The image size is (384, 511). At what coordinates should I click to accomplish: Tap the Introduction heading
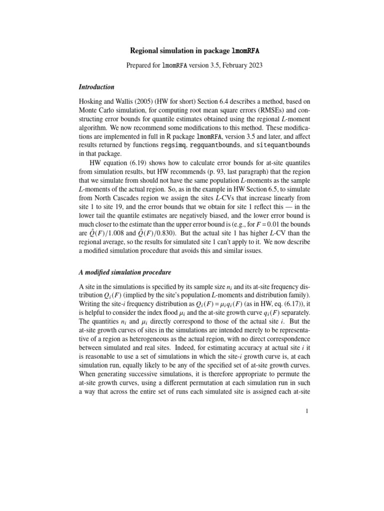(x=96, y=87)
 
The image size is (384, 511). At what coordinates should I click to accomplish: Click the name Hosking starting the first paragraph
(x=93, y=107)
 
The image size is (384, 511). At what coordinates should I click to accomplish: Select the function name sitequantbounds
(x=282, y=145)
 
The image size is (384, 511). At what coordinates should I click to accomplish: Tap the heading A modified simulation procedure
(x=125, y=272)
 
